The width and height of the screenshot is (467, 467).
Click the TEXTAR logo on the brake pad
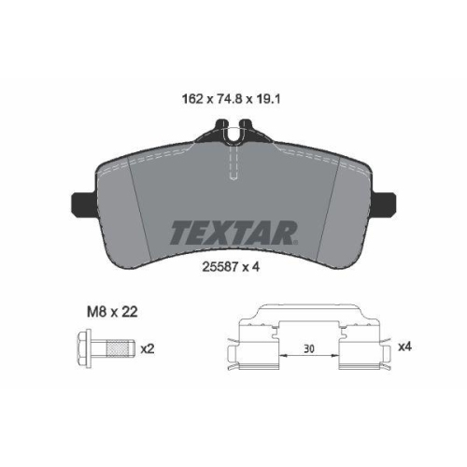(x=233, y=231)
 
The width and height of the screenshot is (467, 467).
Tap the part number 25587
(x=221, y=265)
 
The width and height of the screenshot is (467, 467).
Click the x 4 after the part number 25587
(x=252, y=265)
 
